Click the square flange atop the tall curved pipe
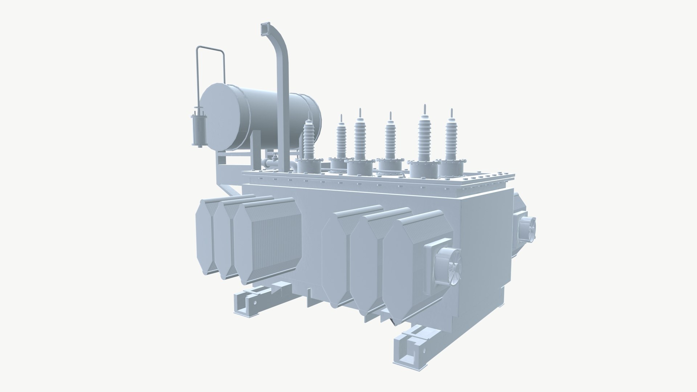[264, 29]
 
